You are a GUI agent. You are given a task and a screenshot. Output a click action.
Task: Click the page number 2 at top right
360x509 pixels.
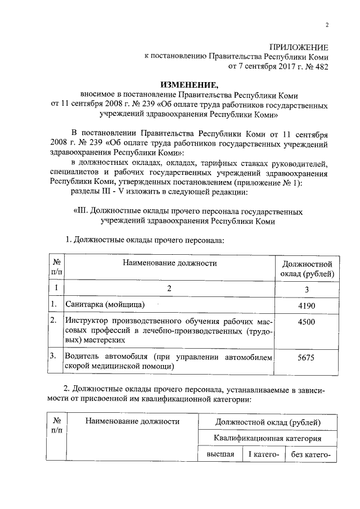(327, 25)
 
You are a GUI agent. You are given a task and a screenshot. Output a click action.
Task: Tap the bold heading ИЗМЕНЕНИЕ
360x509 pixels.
(190, 84)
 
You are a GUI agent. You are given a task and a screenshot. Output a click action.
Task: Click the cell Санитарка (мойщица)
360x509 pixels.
(105, 305)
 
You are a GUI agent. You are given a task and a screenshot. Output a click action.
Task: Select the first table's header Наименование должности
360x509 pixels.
(169, 263)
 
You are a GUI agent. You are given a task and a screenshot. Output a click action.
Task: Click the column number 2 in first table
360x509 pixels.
(169, 289)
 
